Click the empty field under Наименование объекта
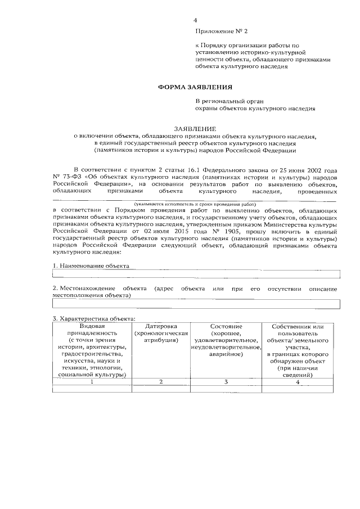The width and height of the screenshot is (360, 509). pos(196,274)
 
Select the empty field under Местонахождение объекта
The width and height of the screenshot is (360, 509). pos(196,304)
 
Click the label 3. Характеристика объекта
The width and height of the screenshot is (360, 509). pos(93,319)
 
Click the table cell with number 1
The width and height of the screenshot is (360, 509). pos(91,382)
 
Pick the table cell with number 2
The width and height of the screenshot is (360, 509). pos(161,382)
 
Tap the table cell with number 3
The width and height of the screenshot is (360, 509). pos(226,382)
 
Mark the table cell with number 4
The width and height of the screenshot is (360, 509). pos(298,382)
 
